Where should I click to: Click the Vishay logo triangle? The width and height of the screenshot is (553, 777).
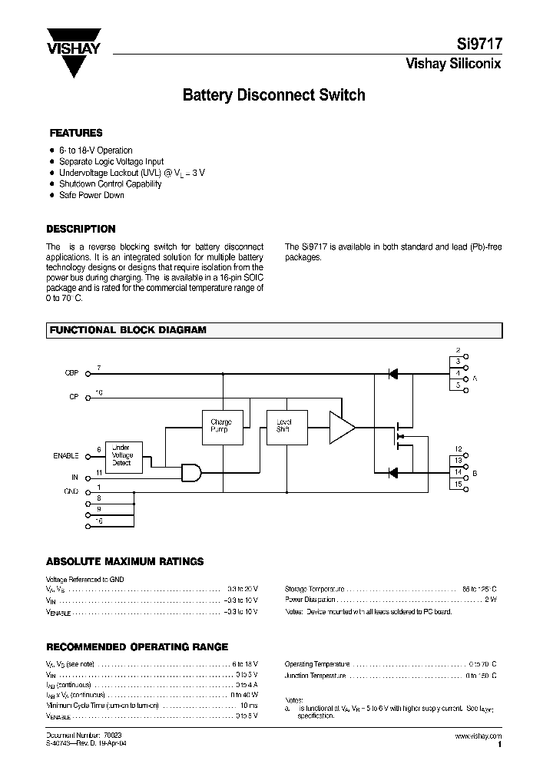(x=74, y=58)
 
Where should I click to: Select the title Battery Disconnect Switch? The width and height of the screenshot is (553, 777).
(x=273, y=96)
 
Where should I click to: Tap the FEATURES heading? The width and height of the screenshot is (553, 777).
(x=76, y=133)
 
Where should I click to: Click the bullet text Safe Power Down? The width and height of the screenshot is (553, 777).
(x=91, y=195)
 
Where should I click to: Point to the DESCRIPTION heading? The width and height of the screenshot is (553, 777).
(x=81, y=229)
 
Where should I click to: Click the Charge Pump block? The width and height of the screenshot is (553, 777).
(x=220, y=426)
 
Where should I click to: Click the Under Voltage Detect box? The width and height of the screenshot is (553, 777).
(x=121, y=455)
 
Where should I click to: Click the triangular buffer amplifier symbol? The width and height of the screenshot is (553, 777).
(x=341, y=427)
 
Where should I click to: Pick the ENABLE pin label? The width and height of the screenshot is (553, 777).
(x=66, y=456)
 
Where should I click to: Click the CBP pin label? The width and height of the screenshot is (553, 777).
(x=71, y=373)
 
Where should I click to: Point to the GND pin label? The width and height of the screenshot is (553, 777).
(x=71, y=489)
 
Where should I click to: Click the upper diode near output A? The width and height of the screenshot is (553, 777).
(x=392, y=373)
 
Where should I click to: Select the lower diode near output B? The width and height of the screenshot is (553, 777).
(x=392, y=472)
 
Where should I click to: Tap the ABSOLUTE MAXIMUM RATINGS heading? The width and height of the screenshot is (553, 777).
(x=124, y=561)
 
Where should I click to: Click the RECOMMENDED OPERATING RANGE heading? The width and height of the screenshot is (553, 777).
(x=137, y=647)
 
